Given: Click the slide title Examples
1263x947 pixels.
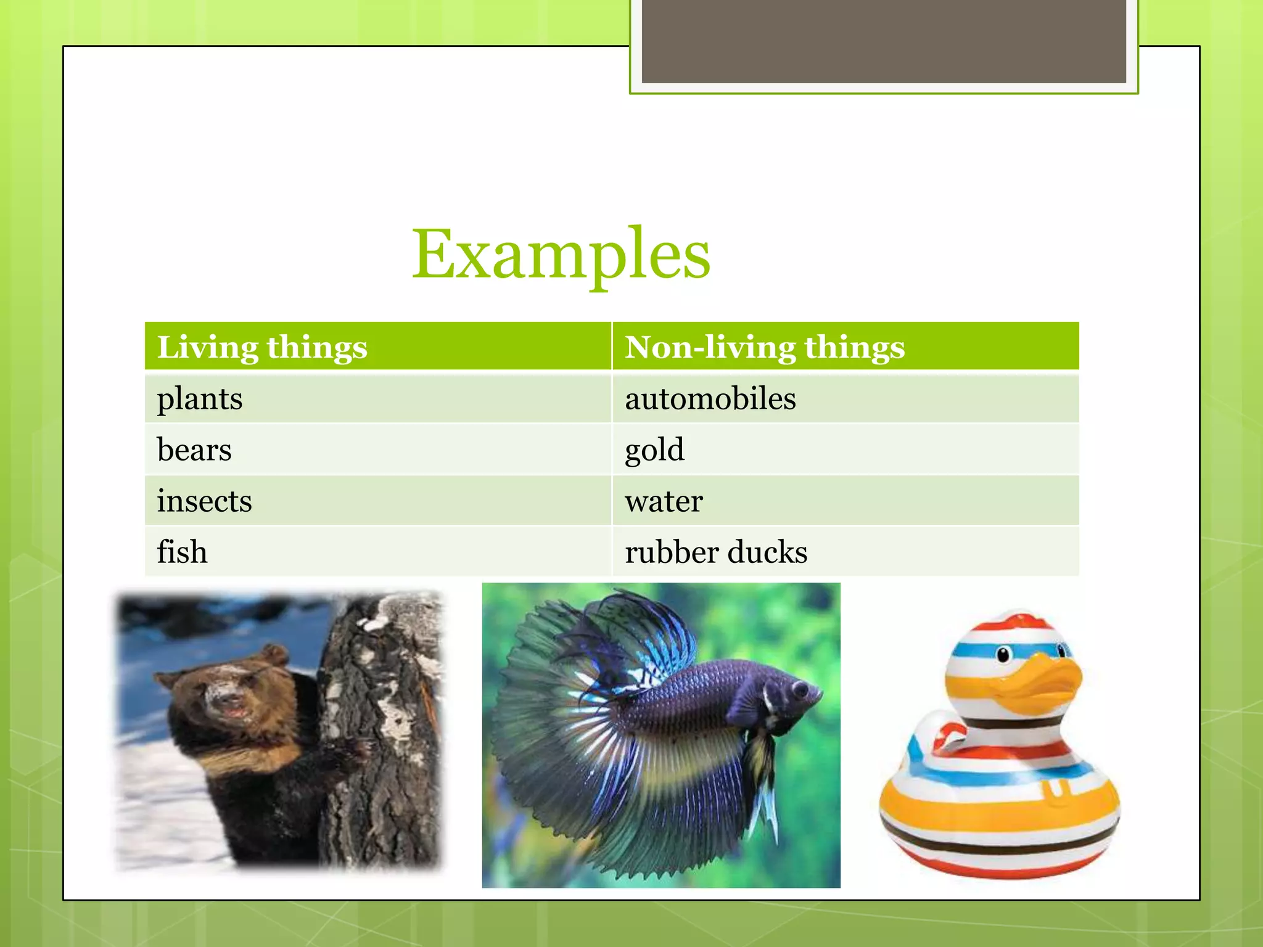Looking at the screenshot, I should [561, 254].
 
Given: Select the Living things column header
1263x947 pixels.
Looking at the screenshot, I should [262, 347].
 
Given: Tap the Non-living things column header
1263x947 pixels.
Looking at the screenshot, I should [765, 347].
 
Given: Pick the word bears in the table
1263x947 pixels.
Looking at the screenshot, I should [194, 449].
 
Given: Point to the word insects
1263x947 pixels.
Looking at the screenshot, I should [204, 501].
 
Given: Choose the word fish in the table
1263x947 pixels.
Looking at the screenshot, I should [182, 552].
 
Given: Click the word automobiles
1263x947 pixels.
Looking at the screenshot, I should [710, 399].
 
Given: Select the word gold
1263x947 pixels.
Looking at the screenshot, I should [654, 450].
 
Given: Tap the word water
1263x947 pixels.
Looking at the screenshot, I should [664, 501].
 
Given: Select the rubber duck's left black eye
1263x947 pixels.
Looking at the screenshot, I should [1003, 654].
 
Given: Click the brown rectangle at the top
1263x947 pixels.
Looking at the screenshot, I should [884, 41].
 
